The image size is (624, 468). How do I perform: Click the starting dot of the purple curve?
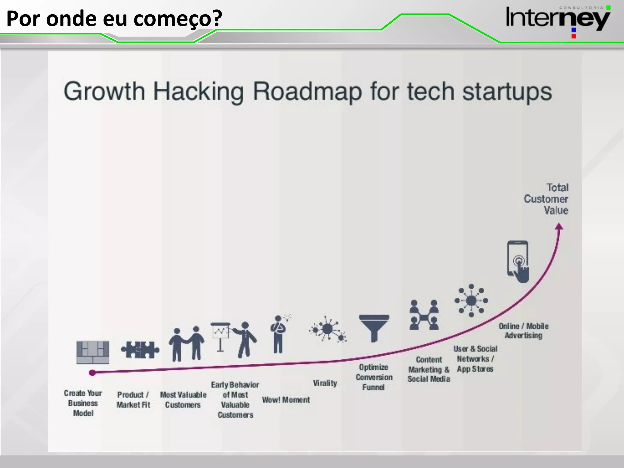(92, 372)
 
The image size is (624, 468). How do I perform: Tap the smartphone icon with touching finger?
(518, 261)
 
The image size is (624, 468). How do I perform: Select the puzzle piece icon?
(140, 350)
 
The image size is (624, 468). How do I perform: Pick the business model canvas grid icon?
(93, 352)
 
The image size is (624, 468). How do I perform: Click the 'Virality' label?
(325, 383)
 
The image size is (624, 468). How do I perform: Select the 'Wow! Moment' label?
(286, 400)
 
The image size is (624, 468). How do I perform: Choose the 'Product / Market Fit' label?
(133, 400)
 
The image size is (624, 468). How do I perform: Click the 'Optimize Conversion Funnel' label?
(374, 377)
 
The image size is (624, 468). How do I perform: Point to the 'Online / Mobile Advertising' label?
(523, 331)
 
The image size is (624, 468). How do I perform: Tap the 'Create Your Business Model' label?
(83, 403)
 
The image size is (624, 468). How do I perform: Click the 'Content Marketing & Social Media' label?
(429, 369)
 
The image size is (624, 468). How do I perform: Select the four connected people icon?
(424, 315)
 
